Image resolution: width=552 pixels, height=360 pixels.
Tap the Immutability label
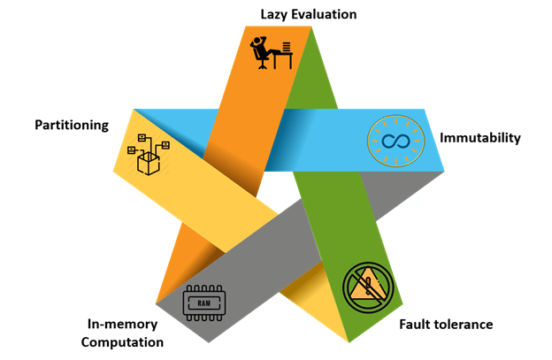(x=480, y=138)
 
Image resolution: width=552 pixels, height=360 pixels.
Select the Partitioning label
(x=72, y=125)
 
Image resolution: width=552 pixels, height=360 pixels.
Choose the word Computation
(x=123, y=341)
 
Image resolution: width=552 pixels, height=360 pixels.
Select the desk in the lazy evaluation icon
(x=281, y=57)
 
